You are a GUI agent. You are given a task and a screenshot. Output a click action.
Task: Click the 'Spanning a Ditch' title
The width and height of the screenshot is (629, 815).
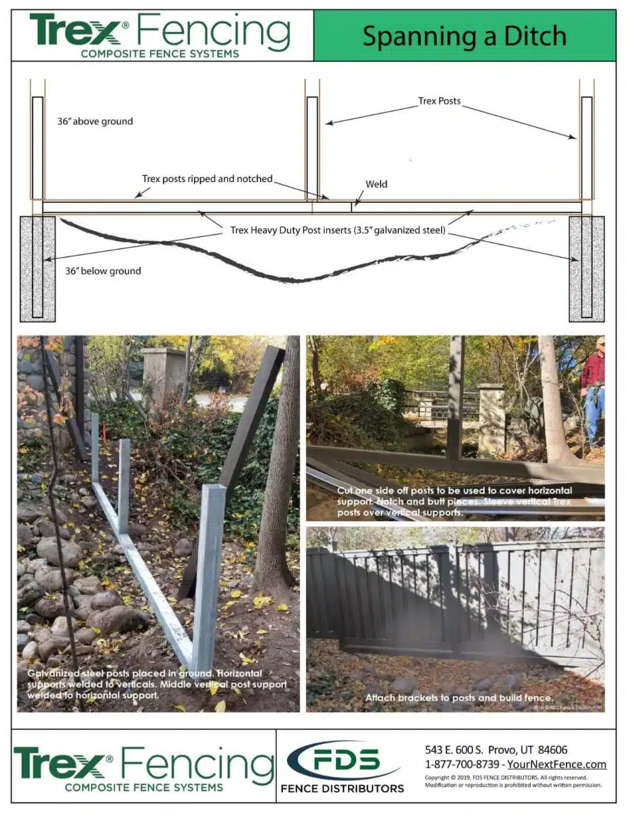(464, 36)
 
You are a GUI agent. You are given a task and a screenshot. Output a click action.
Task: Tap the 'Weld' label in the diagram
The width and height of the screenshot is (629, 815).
(377, 184)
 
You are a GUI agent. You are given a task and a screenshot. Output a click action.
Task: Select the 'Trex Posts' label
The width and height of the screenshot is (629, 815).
(439, 101)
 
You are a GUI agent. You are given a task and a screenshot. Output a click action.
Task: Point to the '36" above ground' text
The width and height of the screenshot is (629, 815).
(95, 122)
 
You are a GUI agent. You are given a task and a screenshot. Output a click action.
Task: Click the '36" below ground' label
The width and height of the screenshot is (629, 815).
(103, 271)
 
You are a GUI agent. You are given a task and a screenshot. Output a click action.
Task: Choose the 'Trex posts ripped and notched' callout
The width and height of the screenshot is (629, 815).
(207, 179)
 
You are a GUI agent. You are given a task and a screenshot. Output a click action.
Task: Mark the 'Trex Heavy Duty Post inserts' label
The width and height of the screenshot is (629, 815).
(337, 230)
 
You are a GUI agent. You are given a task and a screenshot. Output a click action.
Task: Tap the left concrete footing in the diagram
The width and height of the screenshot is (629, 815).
(37, 268)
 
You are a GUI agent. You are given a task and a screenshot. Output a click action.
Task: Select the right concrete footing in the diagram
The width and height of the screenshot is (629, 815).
(586, 268)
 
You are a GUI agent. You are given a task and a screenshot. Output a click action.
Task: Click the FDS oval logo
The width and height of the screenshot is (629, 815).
(343, 760)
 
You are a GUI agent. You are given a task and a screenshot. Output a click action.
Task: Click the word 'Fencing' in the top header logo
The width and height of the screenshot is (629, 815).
(214, 33)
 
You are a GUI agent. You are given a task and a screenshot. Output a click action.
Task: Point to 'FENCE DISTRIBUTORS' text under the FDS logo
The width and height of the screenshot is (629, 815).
(343, 789)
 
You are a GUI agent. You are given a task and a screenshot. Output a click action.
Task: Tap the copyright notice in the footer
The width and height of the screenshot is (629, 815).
(506, 781)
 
